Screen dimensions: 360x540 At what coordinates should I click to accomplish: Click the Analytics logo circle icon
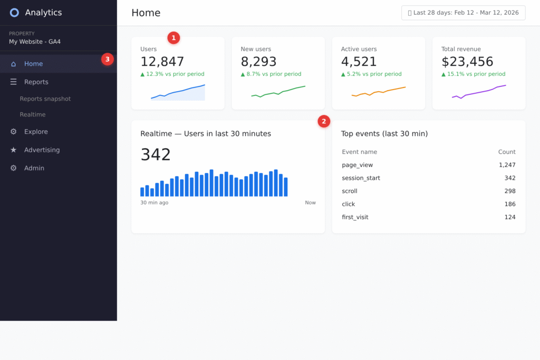(14, 13)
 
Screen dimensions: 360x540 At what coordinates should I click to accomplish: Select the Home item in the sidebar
(33, 64)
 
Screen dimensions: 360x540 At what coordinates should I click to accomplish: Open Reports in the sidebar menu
(36, 82)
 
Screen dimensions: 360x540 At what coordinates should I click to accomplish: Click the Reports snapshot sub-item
(45, 99)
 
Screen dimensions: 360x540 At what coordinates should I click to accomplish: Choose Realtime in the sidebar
(33, 114)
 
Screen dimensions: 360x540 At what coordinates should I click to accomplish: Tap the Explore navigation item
(36, 132)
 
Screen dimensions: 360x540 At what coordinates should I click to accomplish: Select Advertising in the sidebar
(42, 150)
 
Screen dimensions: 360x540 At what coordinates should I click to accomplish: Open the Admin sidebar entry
(34, 168)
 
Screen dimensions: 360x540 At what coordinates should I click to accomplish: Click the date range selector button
(463, 13)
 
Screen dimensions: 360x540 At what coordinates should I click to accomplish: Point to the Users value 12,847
(162, 62)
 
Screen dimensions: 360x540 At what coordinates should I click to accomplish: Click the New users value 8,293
(258, 62)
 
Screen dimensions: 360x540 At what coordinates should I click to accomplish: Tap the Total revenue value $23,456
(467, 62)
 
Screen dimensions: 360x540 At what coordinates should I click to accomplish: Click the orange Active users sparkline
(378, 92)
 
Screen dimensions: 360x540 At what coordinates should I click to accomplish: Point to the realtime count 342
(156, 154)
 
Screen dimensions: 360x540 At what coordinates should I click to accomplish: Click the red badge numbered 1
(173, 38)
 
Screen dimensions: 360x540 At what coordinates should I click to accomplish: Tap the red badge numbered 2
(324, 121)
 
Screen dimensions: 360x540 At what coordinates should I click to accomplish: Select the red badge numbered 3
(108, 59)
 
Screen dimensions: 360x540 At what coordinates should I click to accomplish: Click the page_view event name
(357, 165)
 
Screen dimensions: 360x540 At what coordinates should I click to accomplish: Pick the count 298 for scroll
(509, 191)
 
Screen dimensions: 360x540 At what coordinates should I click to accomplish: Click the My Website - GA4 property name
(35, 42)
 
